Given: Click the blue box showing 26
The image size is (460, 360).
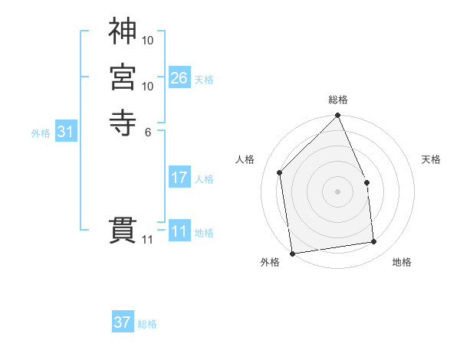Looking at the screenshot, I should pyautogui.click(x=179, y=77).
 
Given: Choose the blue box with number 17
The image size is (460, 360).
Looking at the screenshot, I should pyautogui.click(x=179, y=178).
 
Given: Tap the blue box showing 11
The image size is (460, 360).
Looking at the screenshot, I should pyautogui.click(x=179, y=231).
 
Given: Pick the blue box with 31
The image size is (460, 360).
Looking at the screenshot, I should pyautogui.click(x=66, y=132).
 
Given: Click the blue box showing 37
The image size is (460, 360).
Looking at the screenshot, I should pyautogui.click(x=123, y=322).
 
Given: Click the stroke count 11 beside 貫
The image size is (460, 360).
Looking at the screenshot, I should pyautogui.click(x=148, y=240).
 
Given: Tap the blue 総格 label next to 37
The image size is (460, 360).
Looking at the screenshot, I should pyautogui.click(x=147, y=324).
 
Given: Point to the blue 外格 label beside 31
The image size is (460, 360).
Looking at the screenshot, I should pyautogui.click(x=41, y=133).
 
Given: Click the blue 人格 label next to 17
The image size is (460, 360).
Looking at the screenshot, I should pyautogui.click(x=204, y=179).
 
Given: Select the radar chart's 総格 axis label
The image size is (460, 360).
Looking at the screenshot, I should pyautogui.click(x=338, y=100).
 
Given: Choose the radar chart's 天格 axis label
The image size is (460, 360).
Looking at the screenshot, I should pyautogui.click(x=432, y=159).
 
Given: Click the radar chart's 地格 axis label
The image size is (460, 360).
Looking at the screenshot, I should pyautogui.click(x=402, y=263).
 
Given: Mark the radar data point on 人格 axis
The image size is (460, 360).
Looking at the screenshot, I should pyautogui.click(x=281, y=172).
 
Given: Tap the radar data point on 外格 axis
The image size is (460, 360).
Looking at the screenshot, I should pyautogui.click(x=293, y=253).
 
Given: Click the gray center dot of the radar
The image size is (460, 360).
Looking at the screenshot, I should pyautogui.click(x=338, y=191).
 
